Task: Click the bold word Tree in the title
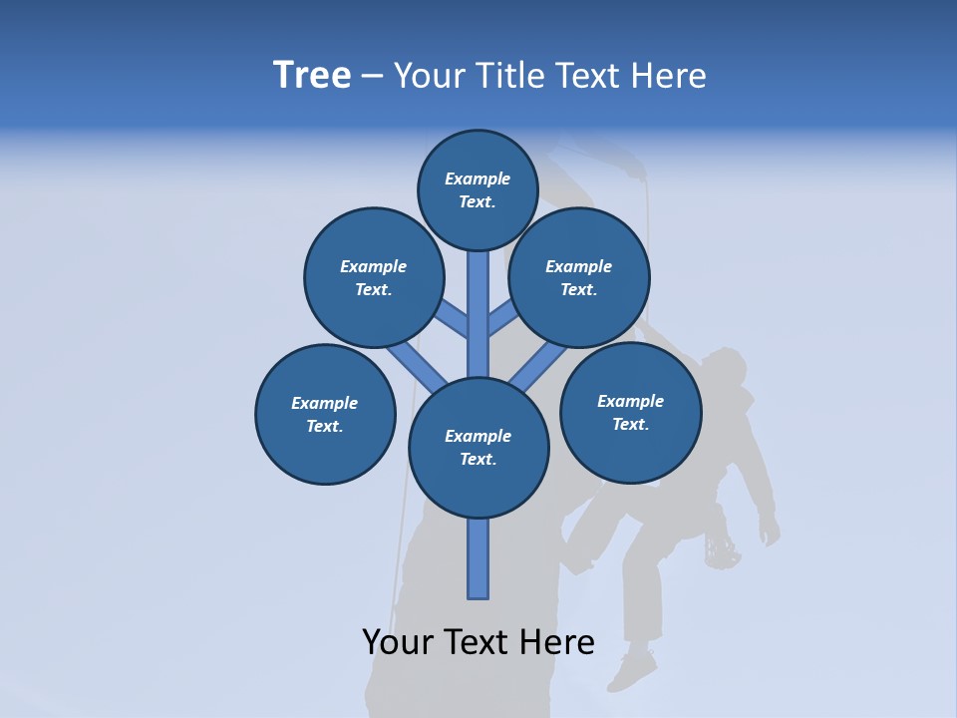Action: point(312,75)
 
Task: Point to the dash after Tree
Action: point(372,77)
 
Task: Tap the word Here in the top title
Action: point(671,75)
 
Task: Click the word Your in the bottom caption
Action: point(397,642)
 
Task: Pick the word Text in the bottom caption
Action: point(478,642)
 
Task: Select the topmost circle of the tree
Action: point(478,189)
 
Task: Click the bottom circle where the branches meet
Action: point(478,447)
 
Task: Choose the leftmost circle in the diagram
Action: point(325,414)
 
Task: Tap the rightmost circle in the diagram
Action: point(630,412)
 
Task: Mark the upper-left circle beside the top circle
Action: point(374,277)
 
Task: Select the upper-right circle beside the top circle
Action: point(579,277)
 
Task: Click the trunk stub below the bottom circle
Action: point(478,558)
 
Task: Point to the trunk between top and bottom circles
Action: point(478,314)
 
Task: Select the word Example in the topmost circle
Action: point(478,179)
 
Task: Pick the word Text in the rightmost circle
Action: point(630,424)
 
